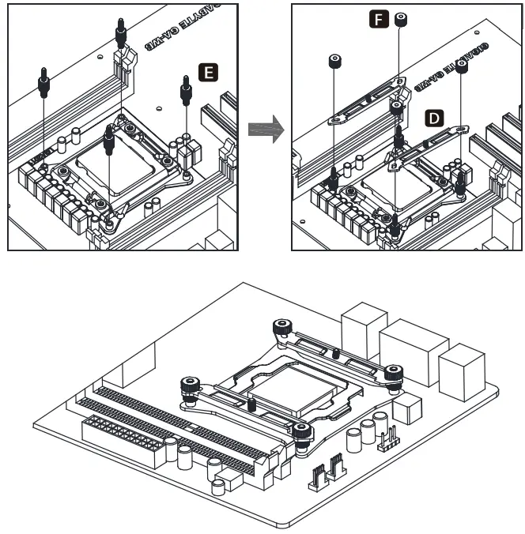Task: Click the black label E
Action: tap(209, 73)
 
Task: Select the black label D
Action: tap(433, 118)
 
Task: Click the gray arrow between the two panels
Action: tap(265, 128)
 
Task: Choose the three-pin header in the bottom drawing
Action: tap(387, 439)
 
